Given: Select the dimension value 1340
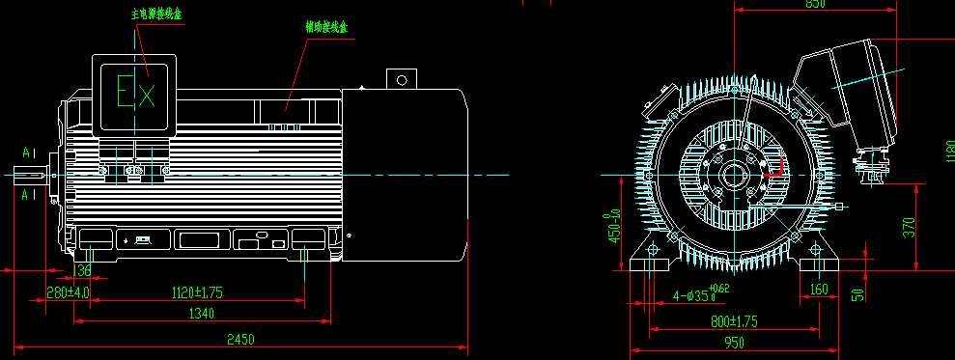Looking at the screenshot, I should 201,313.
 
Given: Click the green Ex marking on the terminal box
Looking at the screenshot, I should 135,93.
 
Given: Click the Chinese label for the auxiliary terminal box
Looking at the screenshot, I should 327,29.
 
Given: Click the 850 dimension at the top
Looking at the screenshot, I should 814,5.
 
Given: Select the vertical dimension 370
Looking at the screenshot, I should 909,229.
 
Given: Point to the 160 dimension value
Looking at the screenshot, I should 819,289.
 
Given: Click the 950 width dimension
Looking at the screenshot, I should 735,342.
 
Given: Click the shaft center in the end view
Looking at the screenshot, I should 735,177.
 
